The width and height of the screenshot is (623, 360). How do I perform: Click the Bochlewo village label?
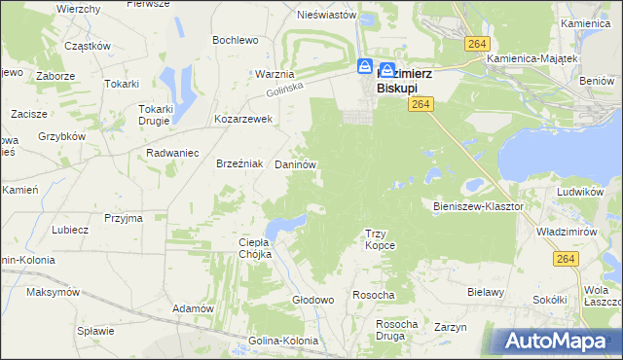[236, 40]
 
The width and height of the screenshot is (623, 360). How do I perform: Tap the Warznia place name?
[275, 74]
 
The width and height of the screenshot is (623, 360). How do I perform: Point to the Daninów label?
[296, 165]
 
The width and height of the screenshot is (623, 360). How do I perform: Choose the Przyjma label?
[124, 219]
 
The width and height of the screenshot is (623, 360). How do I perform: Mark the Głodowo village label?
[313, 300]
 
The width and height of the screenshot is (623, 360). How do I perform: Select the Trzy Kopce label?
[380, 239]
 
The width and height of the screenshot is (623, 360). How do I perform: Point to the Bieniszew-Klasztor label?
[478, 206]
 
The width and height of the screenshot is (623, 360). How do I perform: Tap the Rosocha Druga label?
[396, 330]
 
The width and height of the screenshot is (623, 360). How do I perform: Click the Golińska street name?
[286, 90]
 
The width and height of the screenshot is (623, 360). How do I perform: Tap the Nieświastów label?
[311, 15]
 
